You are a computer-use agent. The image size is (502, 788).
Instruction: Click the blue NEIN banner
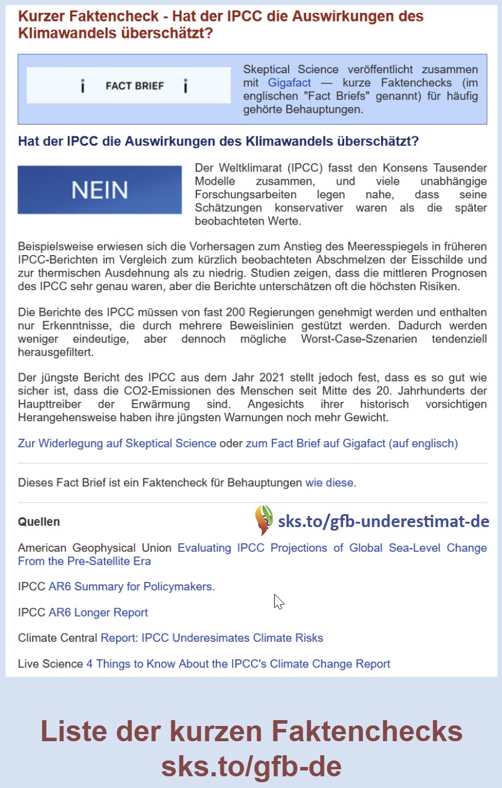click(x=99, y=190)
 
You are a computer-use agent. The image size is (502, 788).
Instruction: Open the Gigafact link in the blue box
click(x=289, y=83)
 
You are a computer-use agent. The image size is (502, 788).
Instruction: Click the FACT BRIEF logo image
click(x=129, y=86)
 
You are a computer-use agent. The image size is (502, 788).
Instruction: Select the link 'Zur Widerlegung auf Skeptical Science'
click(x=117, y=443)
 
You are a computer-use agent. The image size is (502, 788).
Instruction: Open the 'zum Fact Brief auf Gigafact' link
click(x=351, y=443)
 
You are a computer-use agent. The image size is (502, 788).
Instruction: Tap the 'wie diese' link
click(x=330, y=483)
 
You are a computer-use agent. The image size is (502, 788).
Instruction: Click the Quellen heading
click(x=39, y=522)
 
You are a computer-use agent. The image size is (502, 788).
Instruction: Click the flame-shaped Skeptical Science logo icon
click(x=264, y=519)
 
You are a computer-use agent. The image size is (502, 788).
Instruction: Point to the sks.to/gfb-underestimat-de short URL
click(x=383, y=521)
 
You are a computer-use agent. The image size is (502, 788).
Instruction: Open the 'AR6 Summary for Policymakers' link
click(x=131, y=587)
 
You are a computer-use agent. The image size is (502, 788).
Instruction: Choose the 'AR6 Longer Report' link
click(x=98, y=612)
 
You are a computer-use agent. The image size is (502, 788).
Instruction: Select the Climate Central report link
click(x=212, y=638)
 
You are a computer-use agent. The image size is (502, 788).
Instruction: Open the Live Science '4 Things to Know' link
click(x=238, y=664)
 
